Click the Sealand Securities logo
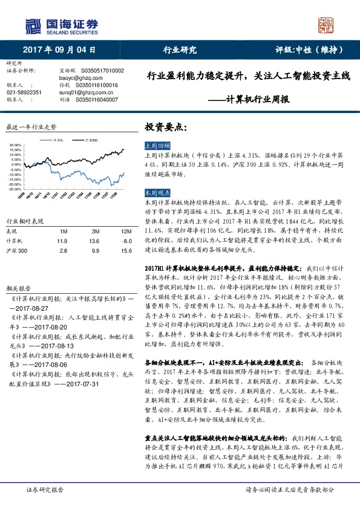(61, 25)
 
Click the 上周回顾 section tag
(157, 146)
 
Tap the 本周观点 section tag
(157, 192)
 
